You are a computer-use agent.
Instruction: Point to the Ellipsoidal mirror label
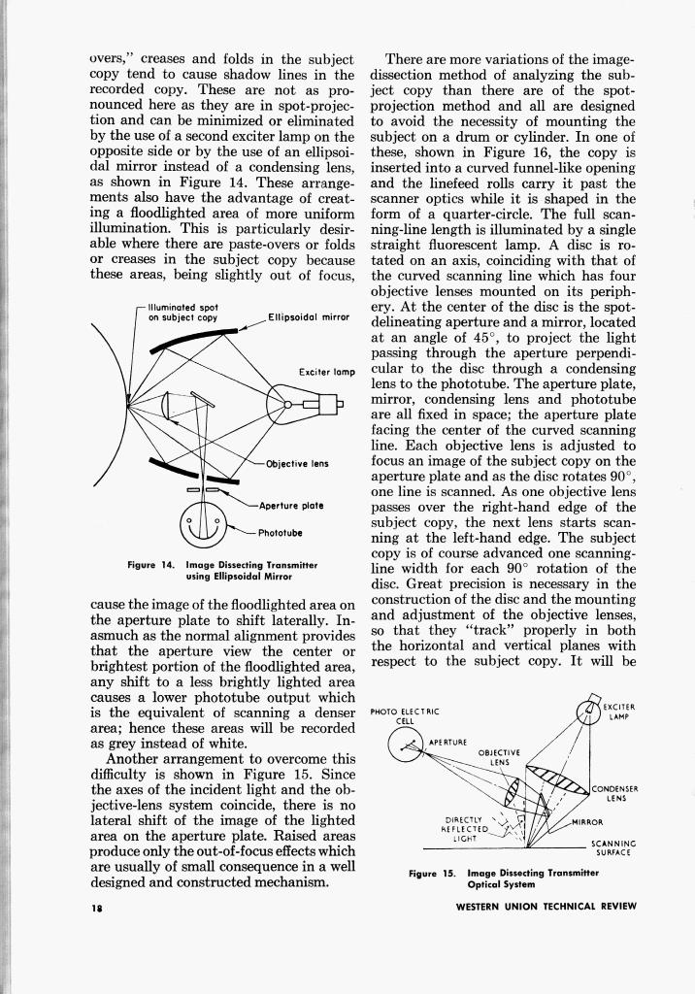[307, 316]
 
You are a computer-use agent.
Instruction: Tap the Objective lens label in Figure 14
[296, 464]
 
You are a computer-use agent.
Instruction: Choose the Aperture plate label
[290, 506]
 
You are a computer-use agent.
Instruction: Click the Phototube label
[281, 532]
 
